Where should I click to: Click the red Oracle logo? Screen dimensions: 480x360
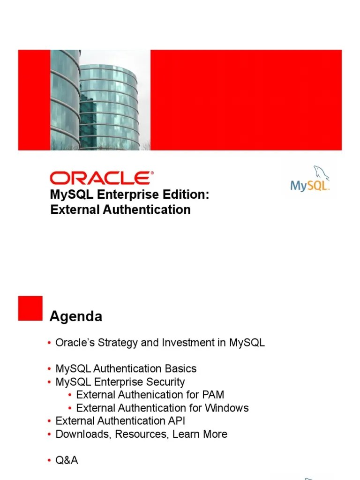(x=101, y=178)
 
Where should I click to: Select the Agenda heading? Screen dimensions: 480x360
(x=76, y=317)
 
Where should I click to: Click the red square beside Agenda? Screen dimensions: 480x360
(x=30, y=308)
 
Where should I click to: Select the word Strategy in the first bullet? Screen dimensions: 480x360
(x=117, y=343)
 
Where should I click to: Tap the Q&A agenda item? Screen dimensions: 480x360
(x=67, y=461)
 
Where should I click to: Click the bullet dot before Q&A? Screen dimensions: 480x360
(x=49, y=461)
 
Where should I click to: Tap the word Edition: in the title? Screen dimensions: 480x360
(x=186, y=195)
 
